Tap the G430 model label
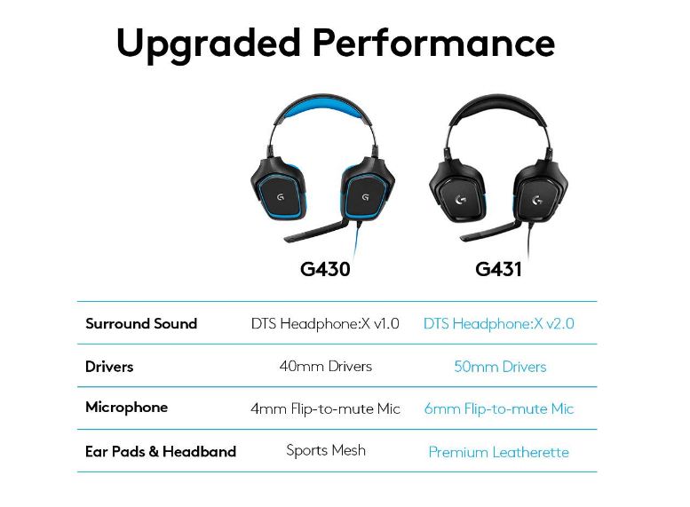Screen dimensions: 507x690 coord(325,268)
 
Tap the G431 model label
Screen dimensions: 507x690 coord(498,268)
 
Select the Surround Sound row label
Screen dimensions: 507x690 coord(141,323)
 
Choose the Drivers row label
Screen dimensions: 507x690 coord(109,366)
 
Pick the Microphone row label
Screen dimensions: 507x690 coord(126,408)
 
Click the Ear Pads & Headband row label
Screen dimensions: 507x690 coord(161,451)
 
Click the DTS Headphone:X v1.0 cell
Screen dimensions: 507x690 coord(326,323)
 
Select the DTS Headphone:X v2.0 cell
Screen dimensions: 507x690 coord(499,323)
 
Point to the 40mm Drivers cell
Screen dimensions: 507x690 coord(326,366)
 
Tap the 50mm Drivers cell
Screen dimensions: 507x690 coord(500,367)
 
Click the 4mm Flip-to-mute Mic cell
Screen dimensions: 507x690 coord(326,408)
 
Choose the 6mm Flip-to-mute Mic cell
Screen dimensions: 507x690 coord(499,408)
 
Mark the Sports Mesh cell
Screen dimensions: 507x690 coord(326,450)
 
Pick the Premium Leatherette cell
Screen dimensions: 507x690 coord(499,452)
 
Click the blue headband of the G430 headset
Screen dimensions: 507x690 coord(324,114)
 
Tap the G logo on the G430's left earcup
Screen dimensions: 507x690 coord(281,197)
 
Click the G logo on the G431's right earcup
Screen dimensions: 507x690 coord(536,201)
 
